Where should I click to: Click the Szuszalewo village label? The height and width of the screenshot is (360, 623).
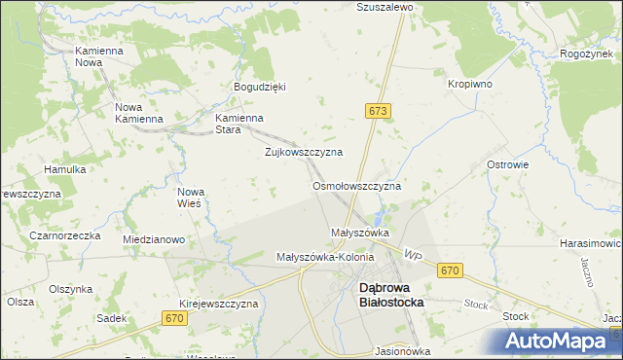click(x=385, y=6)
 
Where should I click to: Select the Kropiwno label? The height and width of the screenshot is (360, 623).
click(x=469, y=85)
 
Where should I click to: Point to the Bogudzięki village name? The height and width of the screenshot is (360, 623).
click(x=260, y=86)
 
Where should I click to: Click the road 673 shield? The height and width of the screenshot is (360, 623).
click(x=379, y=112)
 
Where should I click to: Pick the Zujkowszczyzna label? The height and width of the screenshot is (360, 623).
click(x=304, y=153)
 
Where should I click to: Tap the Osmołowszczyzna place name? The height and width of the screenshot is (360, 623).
click(x=356, y=185)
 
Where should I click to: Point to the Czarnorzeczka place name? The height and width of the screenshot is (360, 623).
click(x=65, y=235)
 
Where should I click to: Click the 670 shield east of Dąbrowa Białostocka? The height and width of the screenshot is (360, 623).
click(x=449, y=271)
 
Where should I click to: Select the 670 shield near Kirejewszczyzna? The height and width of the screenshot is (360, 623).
click(x=175, y=318)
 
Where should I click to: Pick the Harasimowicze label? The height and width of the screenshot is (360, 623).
click(x=592, y=242)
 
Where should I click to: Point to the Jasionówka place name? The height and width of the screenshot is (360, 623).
click(x=402, y=351)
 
